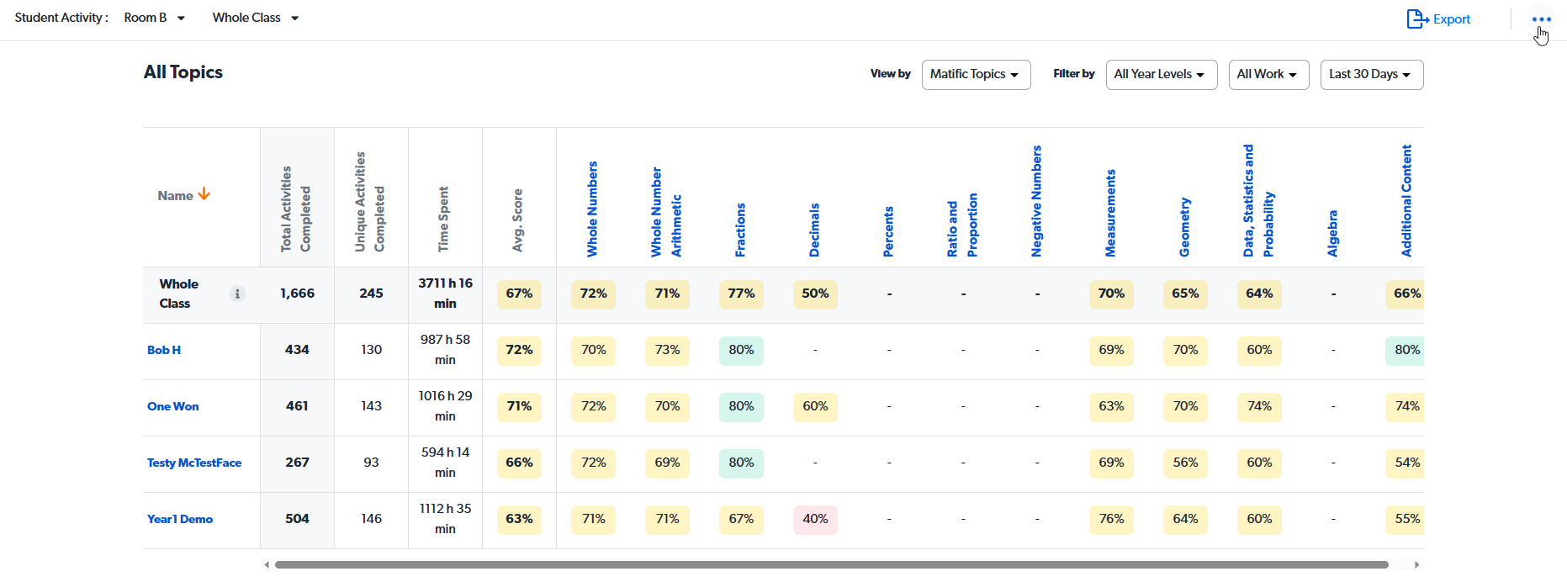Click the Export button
[x=1438, y=19]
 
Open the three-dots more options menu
[x=1541, y=19]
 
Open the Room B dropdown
[x=154, y=18]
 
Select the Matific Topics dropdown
[x=976, y=74]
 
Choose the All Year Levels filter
[x=1160, y=74]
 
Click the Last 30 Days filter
[x=1371, y=74]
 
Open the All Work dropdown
[x=1268, y=74]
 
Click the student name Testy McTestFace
[x=194, y=463]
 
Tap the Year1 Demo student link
[x=180, y=519]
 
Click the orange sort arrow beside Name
[x=204, y=194]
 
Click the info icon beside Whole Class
[x=238, y=294]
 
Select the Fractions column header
[x=740, y=230]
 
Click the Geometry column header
[x=1184, y=227]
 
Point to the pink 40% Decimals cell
[x=815, y=519]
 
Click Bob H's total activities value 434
[x=297, y=350]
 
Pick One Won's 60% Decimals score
[x=815, y=406]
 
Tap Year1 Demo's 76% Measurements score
[x=1111, y=519]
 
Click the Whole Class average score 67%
[x=519, y=294]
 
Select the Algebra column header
[x=1332, y=233]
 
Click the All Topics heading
[x=183, y=72]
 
